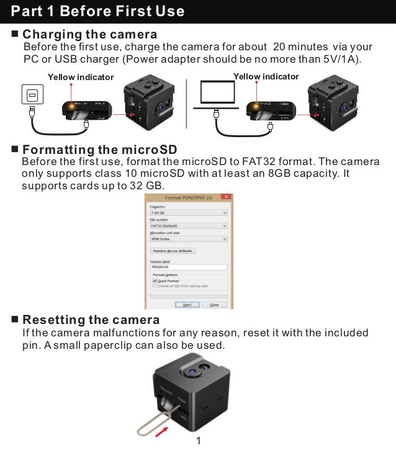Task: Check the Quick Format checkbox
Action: click(155, 280)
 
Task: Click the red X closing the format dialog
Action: click(227, 197)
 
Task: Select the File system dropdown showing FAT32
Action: click(189, 226)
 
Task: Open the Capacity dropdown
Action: click(189, 212)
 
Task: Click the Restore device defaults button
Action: click(173, 251)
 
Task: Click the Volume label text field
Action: click(189, 267)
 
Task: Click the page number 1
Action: click(198, 441)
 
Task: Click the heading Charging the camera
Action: click(89, 34)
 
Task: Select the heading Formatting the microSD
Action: click(99, 150)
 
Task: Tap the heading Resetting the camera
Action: click(91, 320)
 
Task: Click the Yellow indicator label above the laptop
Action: click(266, 76)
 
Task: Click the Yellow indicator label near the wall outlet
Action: click(81, 77)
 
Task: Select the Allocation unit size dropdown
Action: click(189, 238)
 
